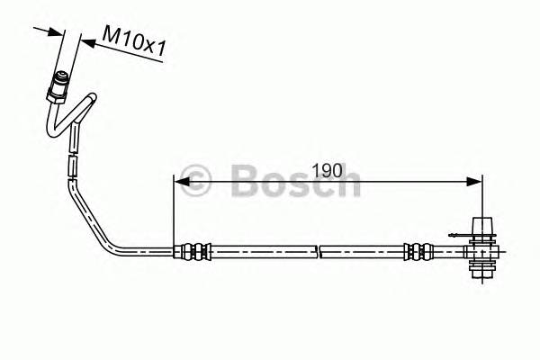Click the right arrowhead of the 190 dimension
pos(475,183)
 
